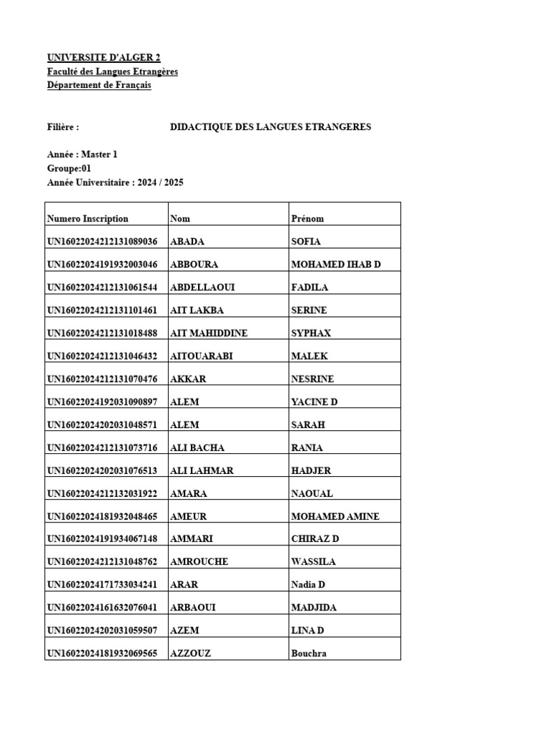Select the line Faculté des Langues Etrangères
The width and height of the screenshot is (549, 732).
112,71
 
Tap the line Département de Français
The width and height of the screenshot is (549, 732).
99,85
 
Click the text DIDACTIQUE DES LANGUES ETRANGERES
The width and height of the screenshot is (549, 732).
270,127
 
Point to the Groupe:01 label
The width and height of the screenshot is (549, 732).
69,168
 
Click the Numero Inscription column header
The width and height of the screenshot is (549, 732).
88,219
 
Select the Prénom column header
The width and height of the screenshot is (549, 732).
308,219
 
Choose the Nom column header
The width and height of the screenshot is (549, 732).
180,219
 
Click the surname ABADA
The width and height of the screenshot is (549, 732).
188,242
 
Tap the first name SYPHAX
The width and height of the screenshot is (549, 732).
311,333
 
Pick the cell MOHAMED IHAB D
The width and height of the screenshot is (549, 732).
336,264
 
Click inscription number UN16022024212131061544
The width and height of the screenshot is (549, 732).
102,287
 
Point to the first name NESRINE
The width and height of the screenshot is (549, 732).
312,379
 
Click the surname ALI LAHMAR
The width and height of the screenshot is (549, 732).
202,470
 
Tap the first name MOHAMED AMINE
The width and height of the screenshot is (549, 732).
335,516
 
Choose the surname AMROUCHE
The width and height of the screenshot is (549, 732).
199,562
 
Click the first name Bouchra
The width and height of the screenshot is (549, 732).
309,653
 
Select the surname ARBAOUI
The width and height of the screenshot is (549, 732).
193,608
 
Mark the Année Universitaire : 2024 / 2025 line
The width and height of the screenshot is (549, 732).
115,182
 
